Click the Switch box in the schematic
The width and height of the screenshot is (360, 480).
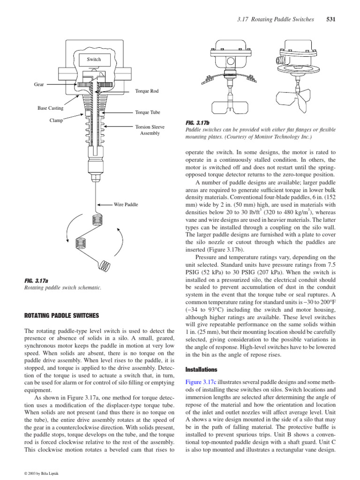tap(94, 60)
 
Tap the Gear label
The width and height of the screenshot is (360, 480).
tap(39, 84)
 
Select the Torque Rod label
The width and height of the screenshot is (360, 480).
tap(146, 91)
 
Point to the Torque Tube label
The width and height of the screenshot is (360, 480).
tap(147, 112)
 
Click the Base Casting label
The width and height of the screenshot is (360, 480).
tap(50, 108)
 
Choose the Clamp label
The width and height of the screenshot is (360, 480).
tap(56, 120)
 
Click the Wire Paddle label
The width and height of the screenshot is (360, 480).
tap(126, 204)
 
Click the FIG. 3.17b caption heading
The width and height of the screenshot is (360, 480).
tap(198, 122)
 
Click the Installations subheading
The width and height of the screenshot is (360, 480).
tap(202, 369)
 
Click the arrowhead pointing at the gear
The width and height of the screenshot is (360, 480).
tap(74, 84)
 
